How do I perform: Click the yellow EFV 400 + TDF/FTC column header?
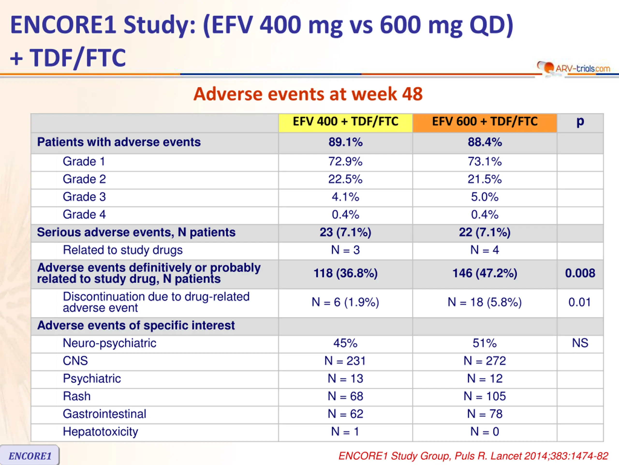(x=345, y=122)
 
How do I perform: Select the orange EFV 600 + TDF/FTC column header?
(x=485, y=122)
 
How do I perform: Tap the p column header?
(x=580, y=122)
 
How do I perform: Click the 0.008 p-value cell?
(x=580, y=273)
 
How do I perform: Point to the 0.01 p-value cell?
(x=580, y=302)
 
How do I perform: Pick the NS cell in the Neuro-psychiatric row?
(x=580, y=343)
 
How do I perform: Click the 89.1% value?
(x=345, y=142)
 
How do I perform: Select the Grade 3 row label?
(x=84, y=197)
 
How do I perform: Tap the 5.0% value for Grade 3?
(x=485, y=197)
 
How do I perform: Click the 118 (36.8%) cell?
(x=345, y=273)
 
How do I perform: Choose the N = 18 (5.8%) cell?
(x=485, y=302)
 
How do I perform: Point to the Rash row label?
(x=77, y=396)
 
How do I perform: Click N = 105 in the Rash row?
(x=485, y=396)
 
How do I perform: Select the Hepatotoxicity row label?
(x=100, y=432)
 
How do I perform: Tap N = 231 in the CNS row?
(x=345, y=361)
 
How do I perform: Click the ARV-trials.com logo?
(x=574, y=68)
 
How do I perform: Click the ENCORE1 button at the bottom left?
(x=30, y=456)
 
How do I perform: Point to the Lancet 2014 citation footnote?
(x=473, y=456)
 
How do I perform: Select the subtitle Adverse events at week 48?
(x=308, y=94)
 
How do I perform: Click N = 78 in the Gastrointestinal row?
(x=485, y=414)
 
